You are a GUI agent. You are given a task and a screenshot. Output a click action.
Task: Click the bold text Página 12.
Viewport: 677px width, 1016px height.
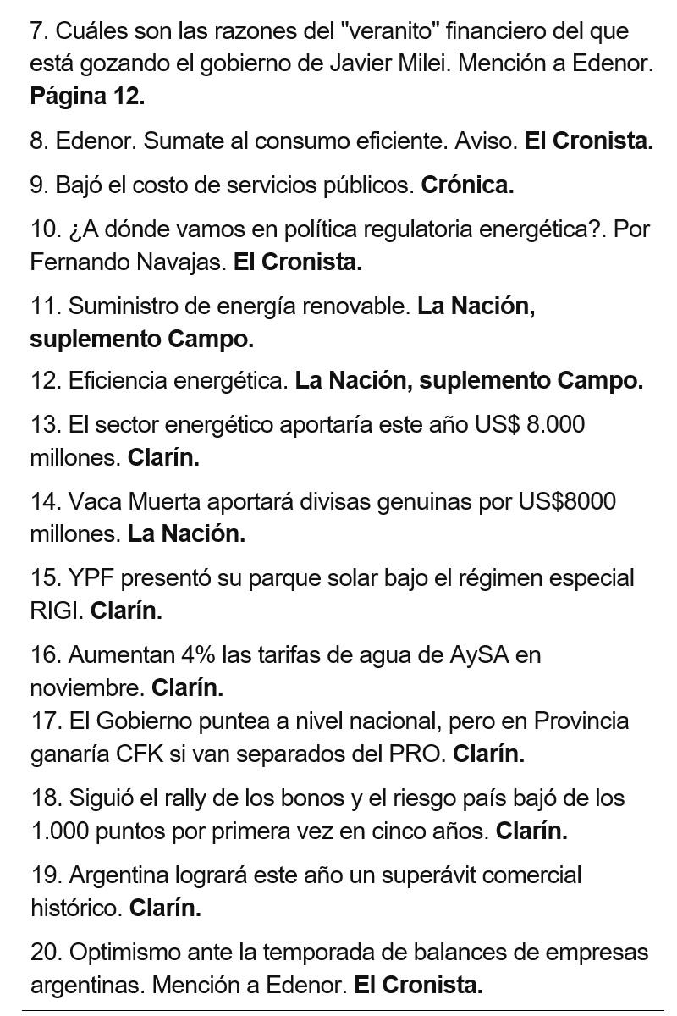87,97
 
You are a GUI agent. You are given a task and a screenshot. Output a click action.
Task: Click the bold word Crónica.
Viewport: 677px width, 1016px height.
467,185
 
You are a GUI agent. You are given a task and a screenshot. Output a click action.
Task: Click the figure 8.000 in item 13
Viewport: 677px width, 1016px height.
555,425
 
